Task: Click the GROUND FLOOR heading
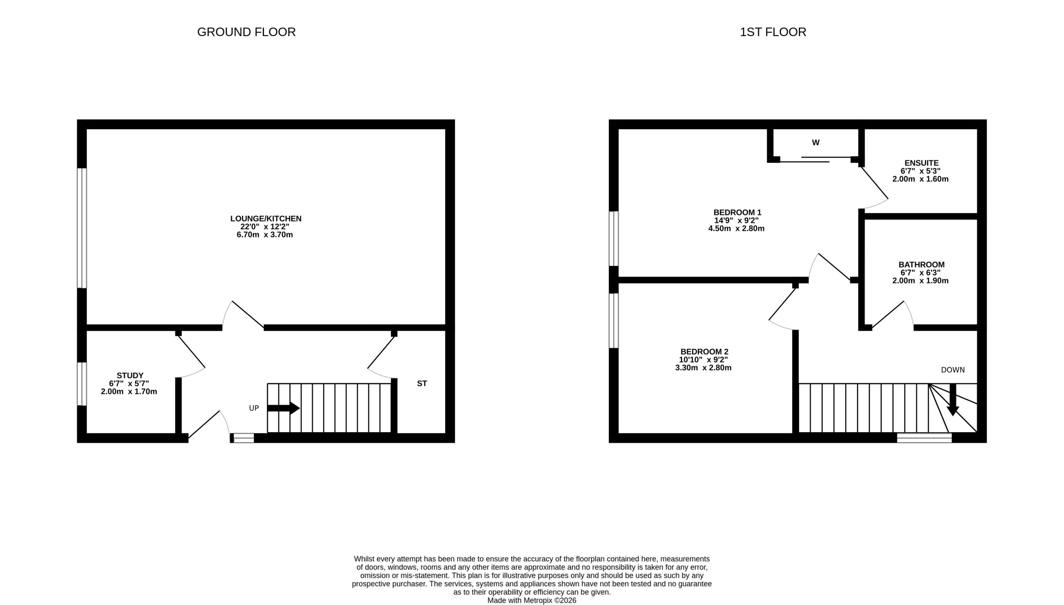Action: click(246, 32)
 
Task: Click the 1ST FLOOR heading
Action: click(773, 32)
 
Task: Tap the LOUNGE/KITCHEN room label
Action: click(266, 219)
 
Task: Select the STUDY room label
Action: click(130, 376)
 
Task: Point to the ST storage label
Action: click(422, 384)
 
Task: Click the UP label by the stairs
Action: click(254, 408)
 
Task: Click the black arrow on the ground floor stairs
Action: click(283, 408)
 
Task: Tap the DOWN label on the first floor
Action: click(953, 370)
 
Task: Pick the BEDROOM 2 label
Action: click(704, 352)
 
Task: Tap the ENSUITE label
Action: click(921, 163)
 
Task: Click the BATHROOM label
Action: click(921, 265)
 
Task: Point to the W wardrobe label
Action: click(815, 143)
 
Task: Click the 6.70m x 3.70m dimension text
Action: click(265, 235)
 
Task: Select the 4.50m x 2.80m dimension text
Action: click(736, 229)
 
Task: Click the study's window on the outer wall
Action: click(82, 384)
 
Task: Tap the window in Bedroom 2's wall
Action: click(613, 320)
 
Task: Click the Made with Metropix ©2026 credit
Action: click(532, 600)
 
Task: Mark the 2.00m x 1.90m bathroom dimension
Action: click(921, 280)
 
